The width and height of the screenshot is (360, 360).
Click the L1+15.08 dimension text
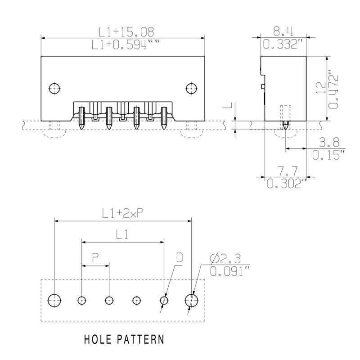click(x=126, y=31)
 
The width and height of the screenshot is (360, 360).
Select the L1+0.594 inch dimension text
click(x=126, y=45)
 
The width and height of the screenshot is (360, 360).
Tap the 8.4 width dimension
click(x=283, y=31)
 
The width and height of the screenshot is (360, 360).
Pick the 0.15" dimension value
click(x=328, y=156)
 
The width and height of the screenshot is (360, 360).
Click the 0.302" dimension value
click(x=286, y=184)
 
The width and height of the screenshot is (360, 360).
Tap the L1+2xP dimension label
click(x=123, y=214)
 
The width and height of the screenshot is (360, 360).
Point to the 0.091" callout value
click(x=230, y=271)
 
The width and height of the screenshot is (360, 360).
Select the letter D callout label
click(x=179, y=258)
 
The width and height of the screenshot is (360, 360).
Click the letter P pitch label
click(x=95, y=258)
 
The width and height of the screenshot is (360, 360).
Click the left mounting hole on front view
click(x=54, y=88)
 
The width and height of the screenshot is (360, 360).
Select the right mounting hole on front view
click(x=191, y=88)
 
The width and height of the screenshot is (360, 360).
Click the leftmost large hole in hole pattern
click(x=54, y=299)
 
